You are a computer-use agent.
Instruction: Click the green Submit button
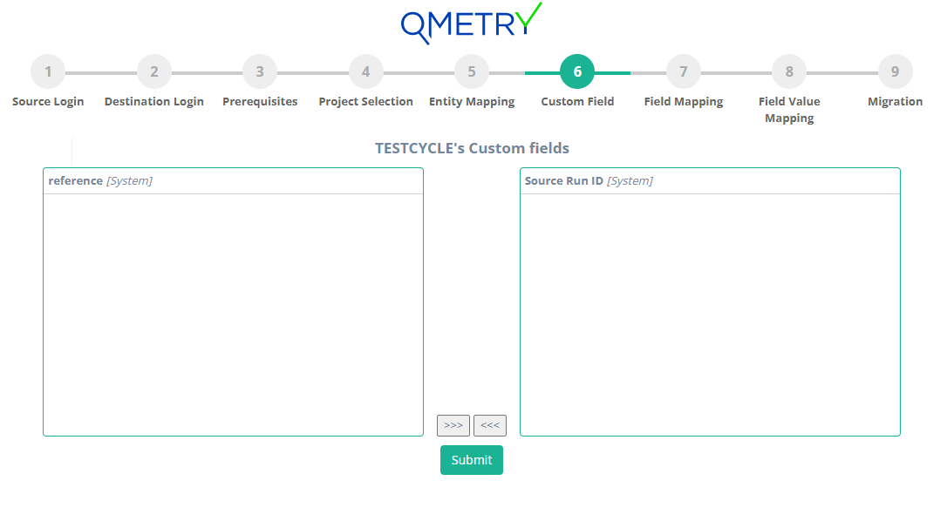471,460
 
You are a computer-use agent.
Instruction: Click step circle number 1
48,71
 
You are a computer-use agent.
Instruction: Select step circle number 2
154,71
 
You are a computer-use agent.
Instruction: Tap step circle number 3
260,71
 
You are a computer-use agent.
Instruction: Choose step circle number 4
366,71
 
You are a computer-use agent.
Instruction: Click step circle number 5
472,71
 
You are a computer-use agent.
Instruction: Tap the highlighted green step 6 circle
577,71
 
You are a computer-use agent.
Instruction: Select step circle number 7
684,71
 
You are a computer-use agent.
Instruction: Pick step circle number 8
789,71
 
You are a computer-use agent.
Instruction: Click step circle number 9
895,71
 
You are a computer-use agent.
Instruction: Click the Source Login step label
48,102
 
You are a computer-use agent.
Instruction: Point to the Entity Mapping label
472,102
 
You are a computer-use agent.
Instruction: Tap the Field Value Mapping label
789,110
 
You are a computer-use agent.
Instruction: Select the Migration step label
895,102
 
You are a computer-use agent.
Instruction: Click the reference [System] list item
100,181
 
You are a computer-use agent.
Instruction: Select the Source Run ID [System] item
589,181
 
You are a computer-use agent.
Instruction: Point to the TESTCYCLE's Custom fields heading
472,148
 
